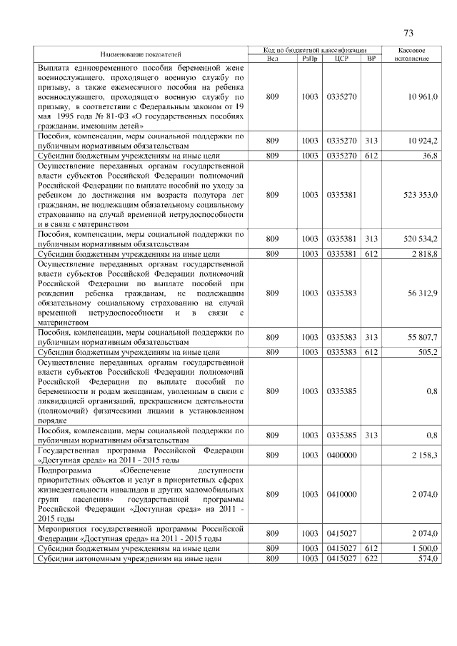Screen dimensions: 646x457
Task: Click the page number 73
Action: [x=408, y=33]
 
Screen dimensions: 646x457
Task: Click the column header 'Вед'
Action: [x=272, y=59]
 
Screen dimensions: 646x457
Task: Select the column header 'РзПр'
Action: [x=309, y=59]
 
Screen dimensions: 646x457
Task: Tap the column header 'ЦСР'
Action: [x=341, y=59]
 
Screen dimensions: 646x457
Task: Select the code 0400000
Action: [x=341, y=455]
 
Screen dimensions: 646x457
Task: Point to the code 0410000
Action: [x=341, y=494]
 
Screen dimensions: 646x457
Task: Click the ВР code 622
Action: [x=370, y=559]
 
